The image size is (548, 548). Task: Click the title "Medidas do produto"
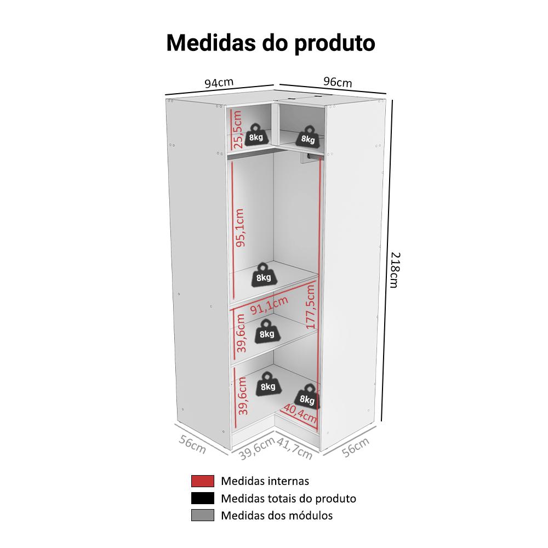pyautogui.click(x=271, y=43)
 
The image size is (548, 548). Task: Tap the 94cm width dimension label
pyautogui.click(x=219, y=83)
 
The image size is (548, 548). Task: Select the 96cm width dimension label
pyautogui.click(x=338, y=82)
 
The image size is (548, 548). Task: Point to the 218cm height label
pyautogui.click(x=394, y=270)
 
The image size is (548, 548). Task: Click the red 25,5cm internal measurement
pyautogui.click(x=237, y=129)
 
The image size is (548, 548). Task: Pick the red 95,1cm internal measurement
pyautogui.click(x=240, y=228)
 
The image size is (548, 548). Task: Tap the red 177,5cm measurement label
pyautogui.click(x=311, y=306)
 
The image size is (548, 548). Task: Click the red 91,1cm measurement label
pyautogui.click(x=269, y=305)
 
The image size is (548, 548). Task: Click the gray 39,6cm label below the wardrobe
pyautogui.click(x=257, y=449)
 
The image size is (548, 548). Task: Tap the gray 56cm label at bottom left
pyautogui.click(x=192, y=444)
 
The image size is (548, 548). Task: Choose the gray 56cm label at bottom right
pyautogui.click(x=356, y=447)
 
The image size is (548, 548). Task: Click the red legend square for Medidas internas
pyautogui.click(x=203, y=481)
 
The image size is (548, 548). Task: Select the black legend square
pyautogui.click(x=203, y=498)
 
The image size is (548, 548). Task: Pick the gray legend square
pyautogui.click(x=203, y=515)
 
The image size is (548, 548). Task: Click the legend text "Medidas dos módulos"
pyautogui.click(x=277, y=516)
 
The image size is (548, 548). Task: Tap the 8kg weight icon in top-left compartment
pyautogui.click(x=256, y=134)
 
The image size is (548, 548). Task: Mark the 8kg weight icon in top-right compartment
pyautogui.click(x=308, y=136)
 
